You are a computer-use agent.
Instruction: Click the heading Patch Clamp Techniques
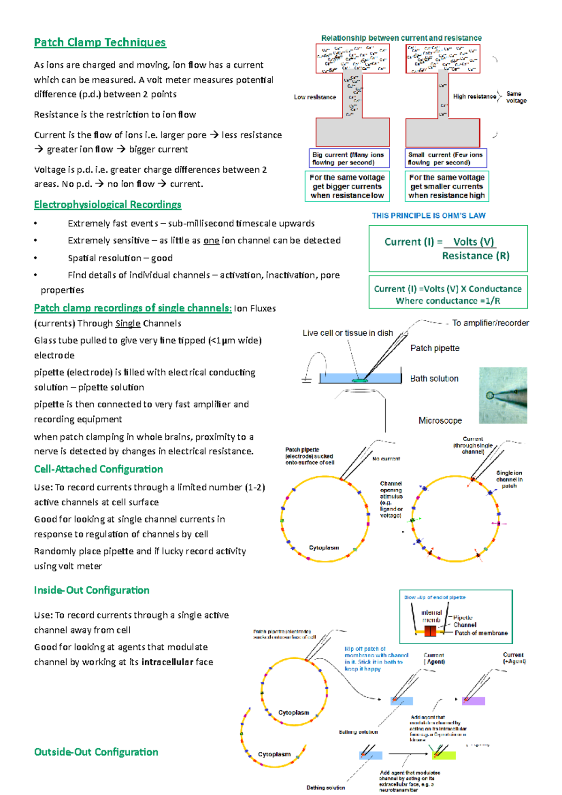pyautogui.click(x=100, y=43)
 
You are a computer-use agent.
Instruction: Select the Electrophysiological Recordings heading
pyautogui.click(x=107, y=205)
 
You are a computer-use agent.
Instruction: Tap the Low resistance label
pyautogui.click(x=315, y=97)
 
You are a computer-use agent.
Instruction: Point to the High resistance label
pyautogui.click(x=474, y=96)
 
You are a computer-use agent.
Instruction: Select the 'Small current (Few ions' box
pyautogui.click(x=445, y=158)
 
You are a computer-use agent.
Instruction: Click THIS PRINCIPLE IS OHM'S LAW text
pyautogui.click(x=429, y=216)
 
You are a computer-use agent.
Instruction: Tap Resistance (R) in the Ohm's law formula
pyautogui.click(x=475, y=256)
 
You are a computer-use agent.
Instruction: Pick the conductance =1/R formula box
pyautogui.click(x=448, y=295)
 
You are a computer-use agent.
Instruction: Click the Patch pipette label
pyautogui.click(x=435, y=348)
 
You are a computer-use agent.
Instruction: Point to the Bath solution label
pyautogui.click(x=434, y=378)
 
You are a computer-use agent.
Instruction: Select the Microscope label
pyautogui.click(x=440, y=420)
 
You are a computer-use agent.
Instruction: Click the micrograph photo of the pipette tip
pyautogui.click(x=503, y=396)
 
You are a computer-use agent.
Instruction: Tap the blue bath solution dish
pyautogui.click(x=360, y=378)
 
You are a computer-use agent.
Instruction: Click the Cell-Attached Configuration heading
pyautogui.click(x=98, y=469)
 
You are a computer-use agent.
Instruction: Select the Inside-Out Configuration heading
pyautogui.click(x=91, y=590)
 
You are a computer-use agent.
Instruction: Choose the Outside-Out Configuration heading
pyautogui.click(x=96, y=752)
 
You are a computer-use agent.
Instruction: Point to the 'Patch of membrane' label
pyautogui.click(x=481, y=633)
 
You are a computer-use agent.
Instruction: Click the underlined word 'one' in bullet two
pyautogui.click(x=211, y=241)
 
